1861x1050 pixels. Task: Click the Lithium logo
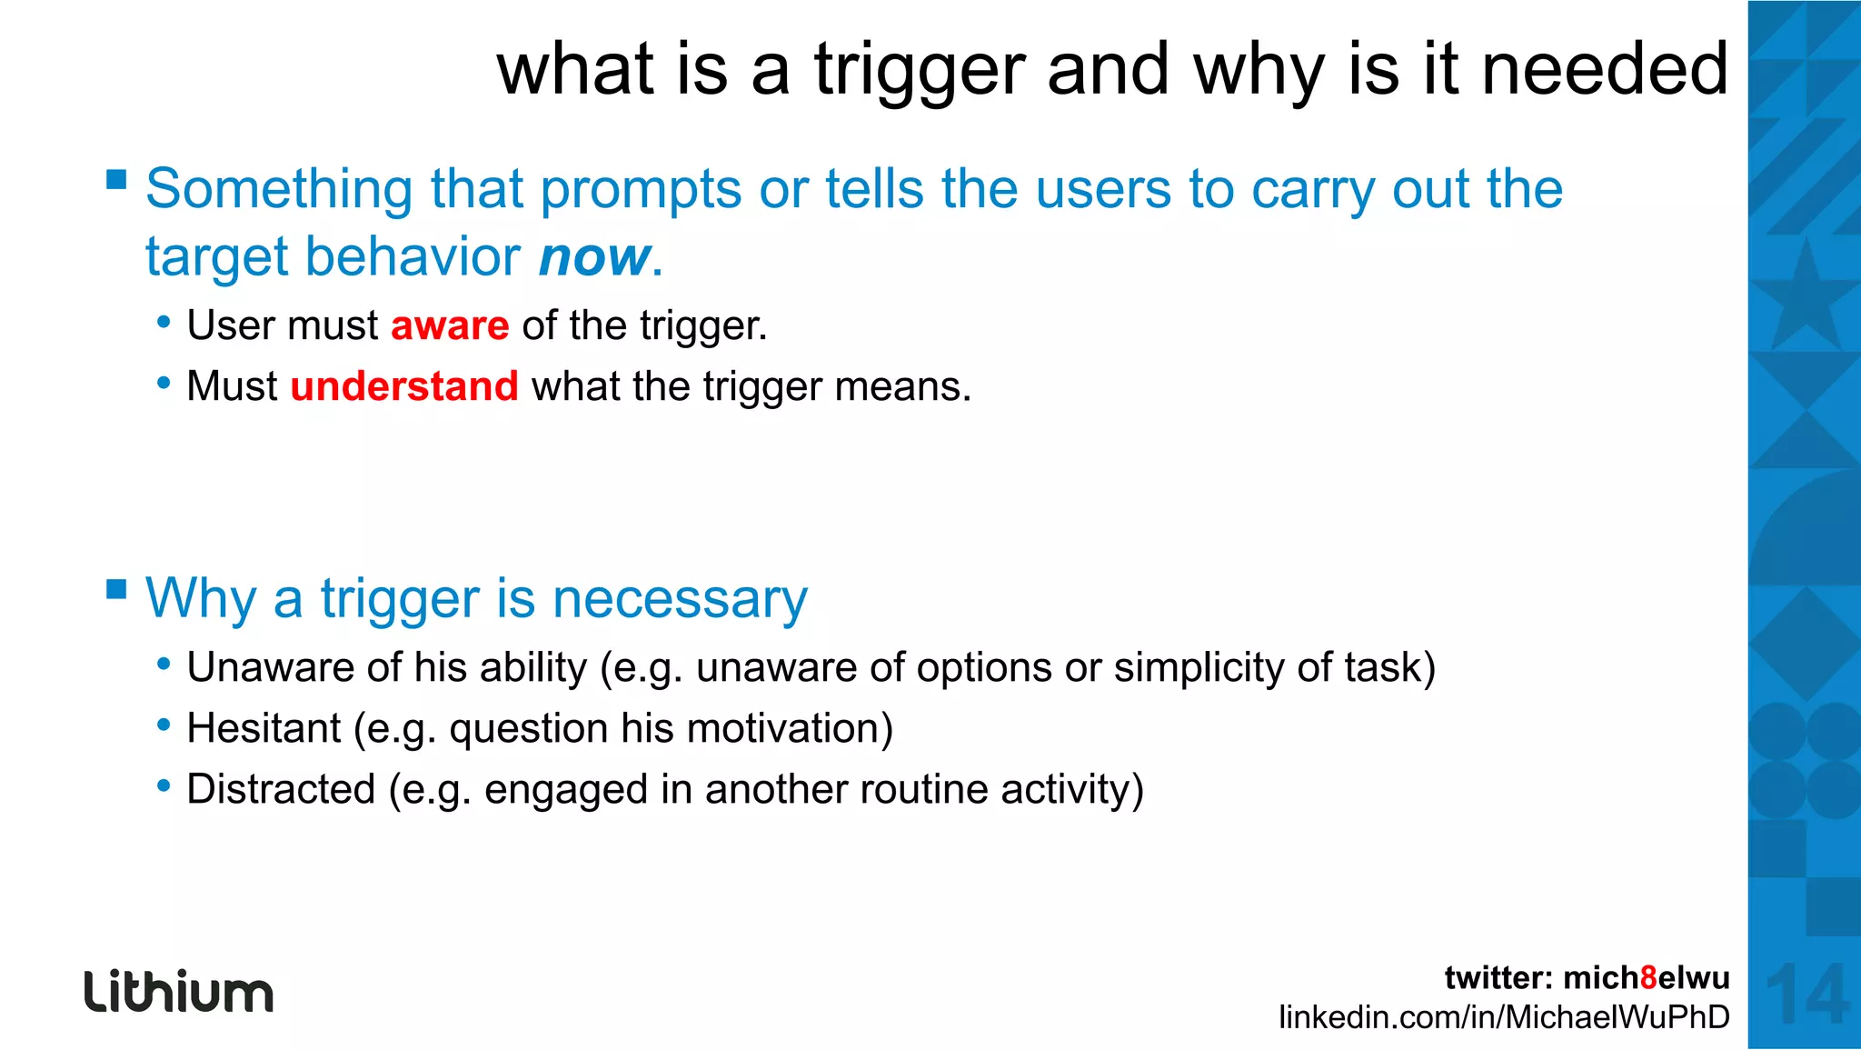coord(179,992)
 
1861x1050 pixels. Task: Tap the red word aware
coord(450,325)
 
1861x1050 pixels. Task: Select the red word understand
coord(404,386)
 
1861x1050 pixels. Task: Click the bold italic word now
coord(594,257)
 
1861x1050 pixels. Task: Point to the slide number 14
coord(1806,995)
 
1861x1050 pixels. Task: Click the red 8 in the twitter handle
coord(1648,978)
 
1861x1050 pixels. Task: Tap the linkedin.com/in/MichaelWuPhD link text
coord(1504,1017)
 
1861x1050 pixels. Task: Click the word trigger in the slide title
coord(919,71)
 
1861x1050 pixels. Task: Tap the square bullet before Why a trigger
coord(116,589)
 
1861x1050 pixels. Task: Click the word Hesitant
coord(264,729)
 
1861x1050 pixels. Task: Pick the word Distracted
coord(281,789)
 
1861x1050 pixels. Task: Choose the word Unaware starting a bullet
coord(270,668)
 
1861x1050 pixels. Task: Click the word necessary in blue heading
coord(680,600)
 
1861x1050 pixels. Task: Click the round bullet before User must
coord(164,322)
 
